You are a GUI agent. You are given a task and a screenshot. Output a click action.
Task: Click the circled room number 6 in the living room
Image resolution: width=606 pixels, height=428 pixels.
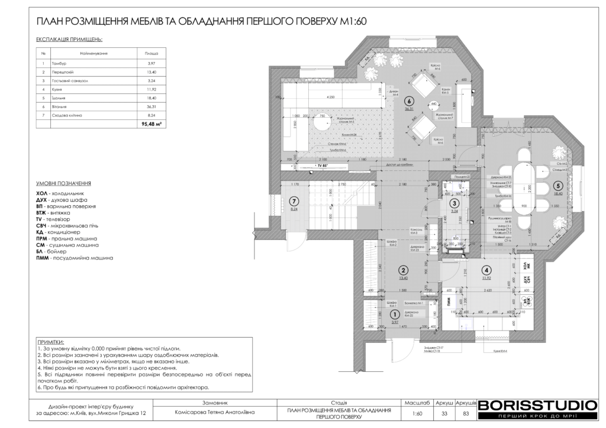coord(408,101)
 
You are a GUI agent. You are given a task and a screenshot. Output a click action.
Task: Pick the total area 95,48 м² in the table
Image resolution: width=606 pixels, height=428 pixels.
coord(151,124)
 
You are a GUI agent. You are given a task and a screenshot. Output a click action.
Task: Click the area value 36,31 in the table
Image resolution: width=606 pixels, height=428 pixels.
coord(151,106)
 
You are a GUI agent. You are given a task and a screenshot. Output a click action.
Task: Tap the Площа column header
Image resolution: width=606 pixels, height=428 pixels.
coord(151,53)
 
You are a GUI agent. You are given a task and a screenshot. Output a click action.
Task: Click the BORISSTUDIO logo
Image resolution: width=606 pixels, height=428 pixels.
coord(537,406)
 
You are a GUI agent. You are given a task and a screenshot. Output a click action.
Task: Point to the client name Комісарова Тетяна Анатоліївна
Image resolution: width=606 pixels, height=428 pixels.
coord(214,414)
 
